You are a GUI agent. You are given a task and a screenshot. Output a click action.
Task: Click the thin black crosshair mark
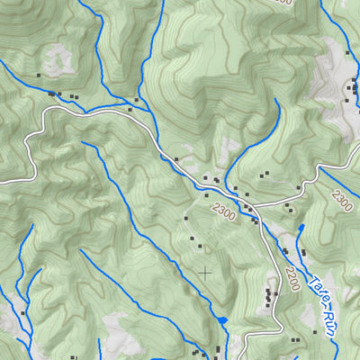click(205, 271)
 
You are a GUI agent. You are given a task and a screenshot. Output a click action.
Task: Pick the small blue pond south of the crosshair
click(222, 320)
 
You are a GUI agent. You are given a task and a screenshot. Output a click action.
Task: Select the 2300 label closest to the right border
click(341, 199)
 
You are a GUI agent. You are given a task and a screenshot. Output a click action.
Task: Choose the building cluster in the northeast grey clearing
click(352, 87)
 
